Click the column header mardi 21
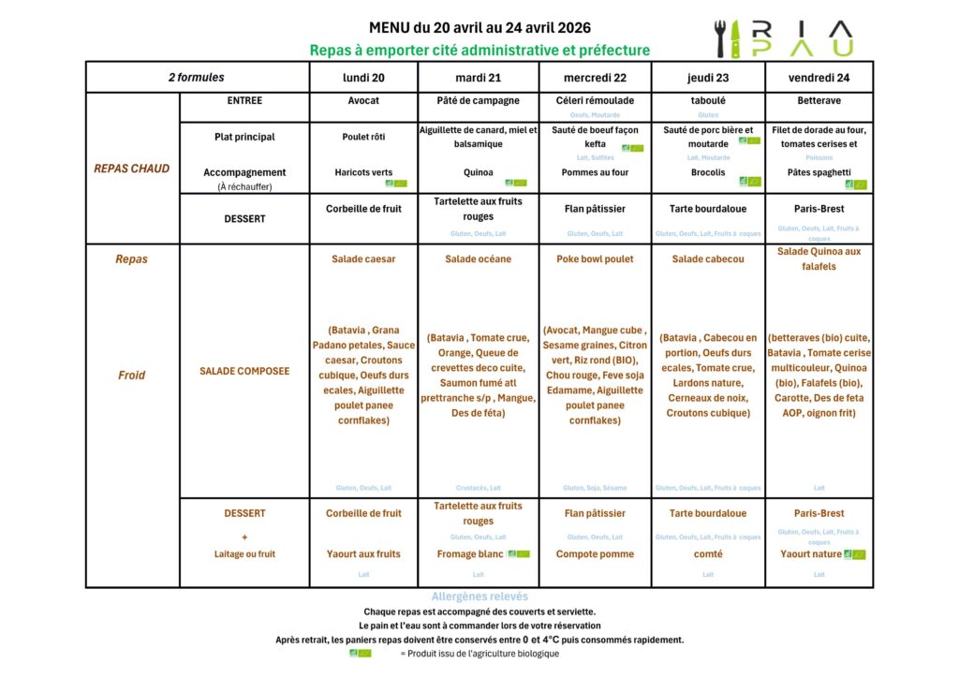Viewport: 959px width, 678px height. [478, 77]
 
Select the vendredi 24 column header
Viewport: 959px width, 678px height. [819, 77]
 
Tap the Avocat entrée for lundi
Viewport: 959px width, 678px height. [363, 100]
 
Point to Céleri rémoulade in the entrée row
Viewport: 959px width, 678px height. [595, 100]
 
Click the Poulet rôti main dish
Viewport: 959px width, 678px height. [363, 137]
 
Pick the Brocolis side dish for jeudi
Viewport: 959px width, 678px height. [708, 172]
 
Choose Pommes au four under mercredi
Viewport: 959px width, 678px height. [595, 172]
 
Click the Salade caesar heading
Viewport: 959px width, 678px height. [363, 258]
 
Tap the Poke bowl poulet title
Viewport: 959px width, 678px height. [595, 258]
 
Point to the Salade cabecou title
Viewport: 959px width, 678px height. [708, 258]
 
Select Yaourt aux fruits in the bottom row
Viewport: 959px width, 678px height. [363, 553]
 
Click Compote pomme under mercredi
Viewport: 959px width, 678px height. [595, 553]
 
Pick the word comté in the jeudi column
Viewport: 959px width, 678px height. [708, 553]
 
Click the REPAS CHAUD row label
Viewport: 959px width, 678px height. [132, 169]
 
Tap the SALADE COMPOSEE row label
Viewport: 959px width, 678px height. [244, 371]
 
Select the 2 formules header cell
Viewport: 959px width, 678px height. [197, 77]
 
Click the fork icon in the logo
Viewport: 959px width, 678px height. [721, 38]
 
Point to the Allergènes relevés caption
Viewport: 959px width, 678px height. [479, 597]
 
